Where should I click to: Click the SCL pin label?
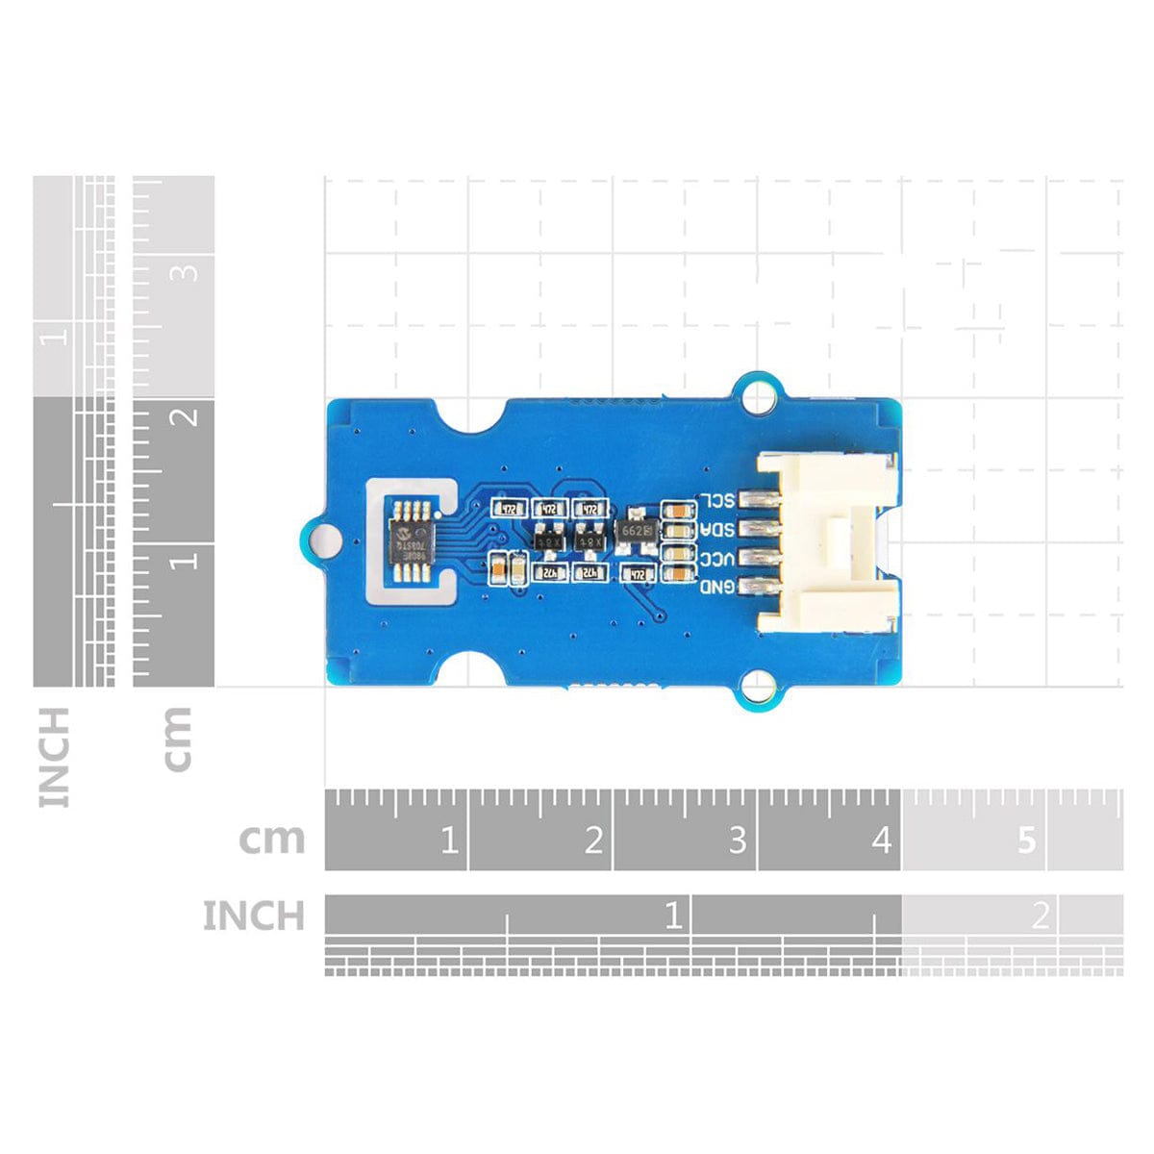(x=716, y=500)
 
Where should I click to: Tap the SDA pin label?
(x=716, y=529)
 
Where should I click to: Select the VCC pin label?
(x=716, y=558)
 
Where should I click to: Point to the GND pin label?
(x=716, y=586)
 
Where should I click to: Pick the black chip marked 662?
(x=637, y=530)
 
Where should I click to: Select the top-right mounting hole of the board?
(x=760, y=395)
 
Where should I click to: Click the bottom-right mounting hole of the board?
(x=760, y=687)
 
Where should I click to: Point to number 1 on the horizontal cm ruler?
(x=448, y=841)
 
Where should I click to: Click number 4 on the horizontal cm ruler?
(x=881, y=841)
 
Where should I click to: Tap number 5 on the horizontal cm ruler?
(x=1026, y=841)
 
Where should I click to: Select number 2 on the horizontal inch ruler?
(x=1040, y=916)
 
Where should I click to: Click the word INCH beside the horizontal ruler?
(x=253, y=916)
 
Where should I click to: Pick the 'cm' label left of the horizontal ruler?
(x=272, y=840)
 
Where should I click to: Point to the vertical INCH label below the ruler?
(x=54, y=757)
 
